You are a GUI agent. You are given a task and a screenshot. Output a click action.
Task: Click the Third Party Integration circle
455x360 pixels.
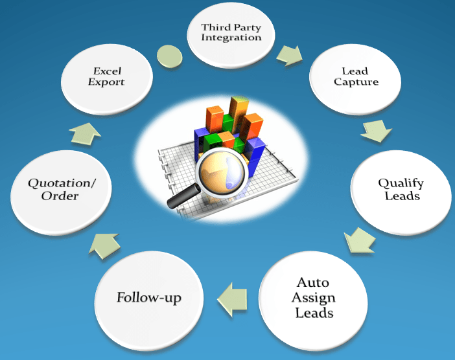231,34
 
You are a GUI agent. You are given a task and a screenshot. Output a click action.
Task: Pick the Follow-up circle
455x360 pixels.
149,299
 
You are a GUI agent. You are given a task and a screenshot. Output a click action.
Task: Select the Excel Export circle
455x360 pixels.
108,78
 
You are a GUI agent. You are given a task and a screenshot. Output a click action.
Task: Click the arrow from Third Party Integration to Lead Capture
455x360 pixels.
288,54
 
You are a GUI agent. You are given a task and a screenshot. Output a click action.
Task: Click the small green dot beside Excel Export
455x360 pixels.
167,55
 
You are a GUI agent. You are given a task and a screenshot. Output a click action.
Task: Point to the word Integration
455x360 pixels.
231,38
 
